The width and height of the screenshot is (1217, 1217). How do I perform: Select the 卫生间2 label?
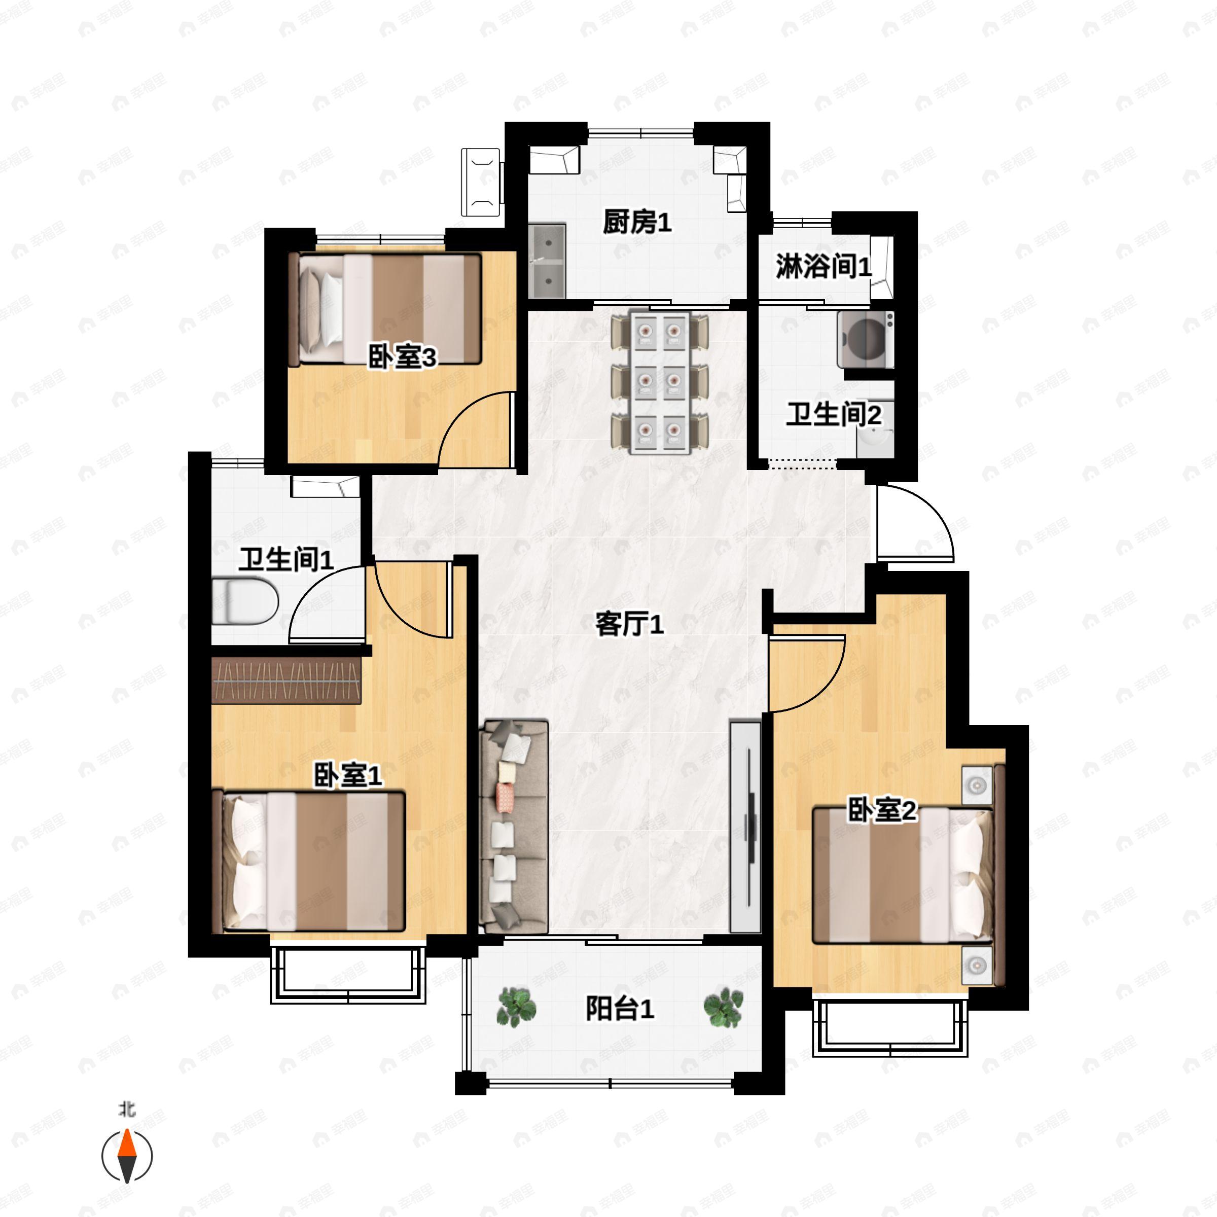pyautogui.click(x=833, y=414)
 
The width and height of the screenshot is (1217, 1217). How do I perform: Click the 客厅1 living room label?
pyautogui.click(x=629, y=624)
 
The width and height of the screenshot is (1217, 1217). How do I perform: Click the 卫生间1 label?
pyautogui.click(x=285, y=559)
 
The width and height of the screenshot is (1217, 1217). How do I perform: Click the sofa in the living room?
pyautogui.click(x=513, y=827)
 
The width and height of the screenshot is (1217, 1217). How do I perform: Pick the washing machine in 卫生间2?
pyautogui.click(x=866, y=340)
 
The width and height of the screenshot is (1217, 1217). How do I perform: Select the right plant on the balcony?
pyautogui.click(x=723, y=1007)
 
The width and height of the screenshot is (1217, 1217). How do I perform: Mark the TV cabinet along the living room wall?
pyautogui.click(x=745, y=827)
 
